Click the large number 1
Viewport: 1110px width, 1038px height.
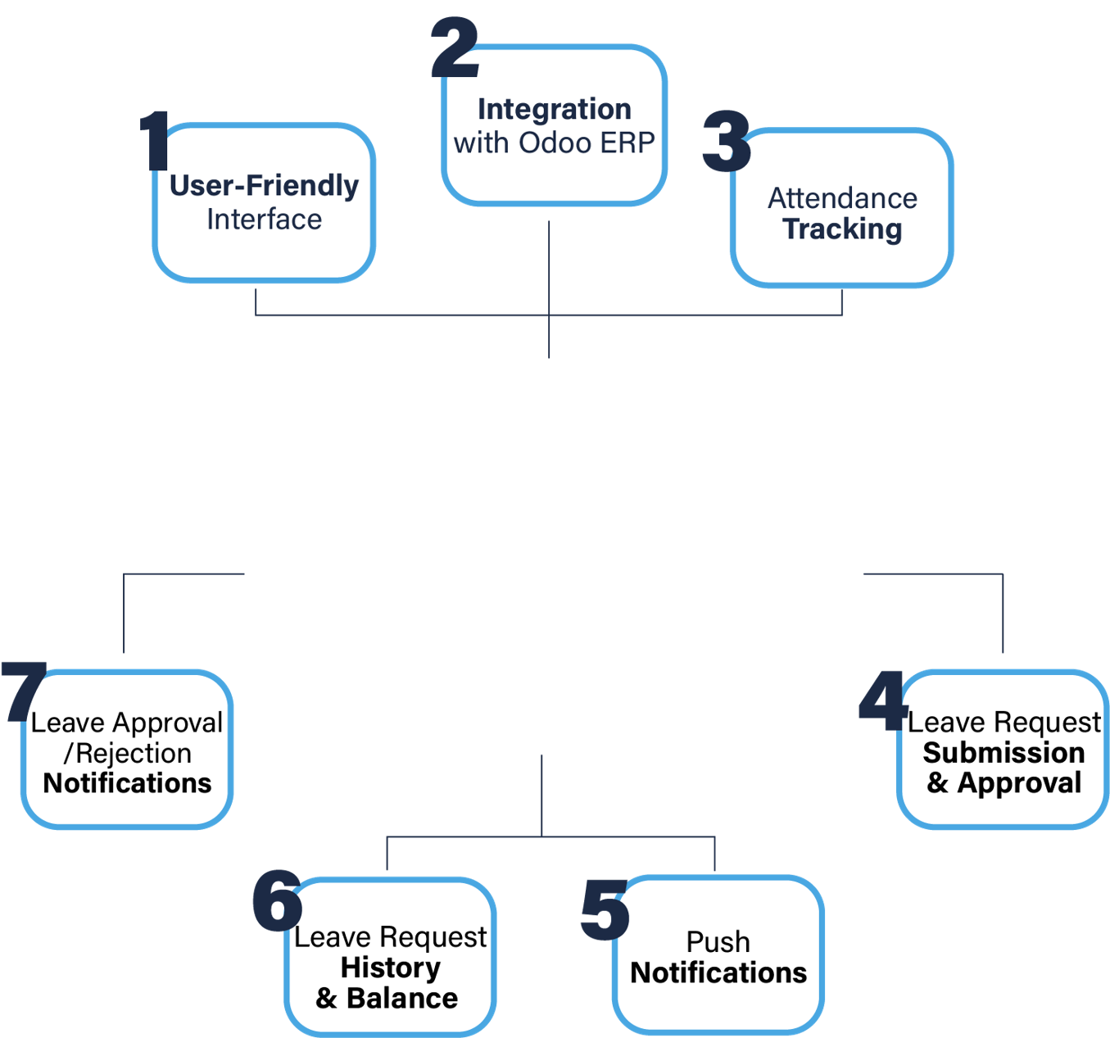[x=155, y=141]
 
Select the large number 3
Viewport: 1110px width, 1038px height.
[x=727, y=142]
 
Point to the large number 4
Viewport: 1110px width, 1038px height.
[x=882, y=700]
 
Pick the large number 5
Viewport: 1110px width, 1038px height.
[x=605, y=909]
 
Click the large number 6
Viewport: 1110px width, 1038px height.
[x=277, y=900]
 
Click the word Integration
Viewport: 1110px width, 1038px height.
[x=554, y=109]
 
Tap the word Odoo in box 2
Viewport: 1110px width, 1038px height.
[x=555, y=143]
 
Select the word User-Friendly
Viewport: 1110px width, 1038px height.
[x=264, y=186]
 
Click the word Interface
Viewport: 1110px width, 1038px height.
[x=264, y=220]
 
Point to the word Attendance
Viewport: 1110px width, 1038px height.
[x=842, y=198]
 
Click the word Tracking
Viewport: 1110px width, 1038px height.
[x=842, y=229]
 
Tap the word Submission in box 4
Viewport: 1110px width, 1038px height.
[x=1004, y=753]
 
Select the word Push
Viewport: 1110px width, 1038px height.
[x=718, y=942]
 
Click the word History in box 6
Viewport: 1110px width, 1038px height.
[x=390, y=968]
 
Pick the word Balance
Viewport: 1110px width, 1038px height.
[x=402, y=999]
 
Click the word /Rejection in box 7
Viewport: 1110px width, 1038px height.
[x=128, y=754]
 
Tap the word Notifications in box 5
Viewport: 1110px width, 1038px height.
[x=718, y=973]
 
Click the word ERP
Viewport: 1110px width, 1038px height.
[x=627, y=143]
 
